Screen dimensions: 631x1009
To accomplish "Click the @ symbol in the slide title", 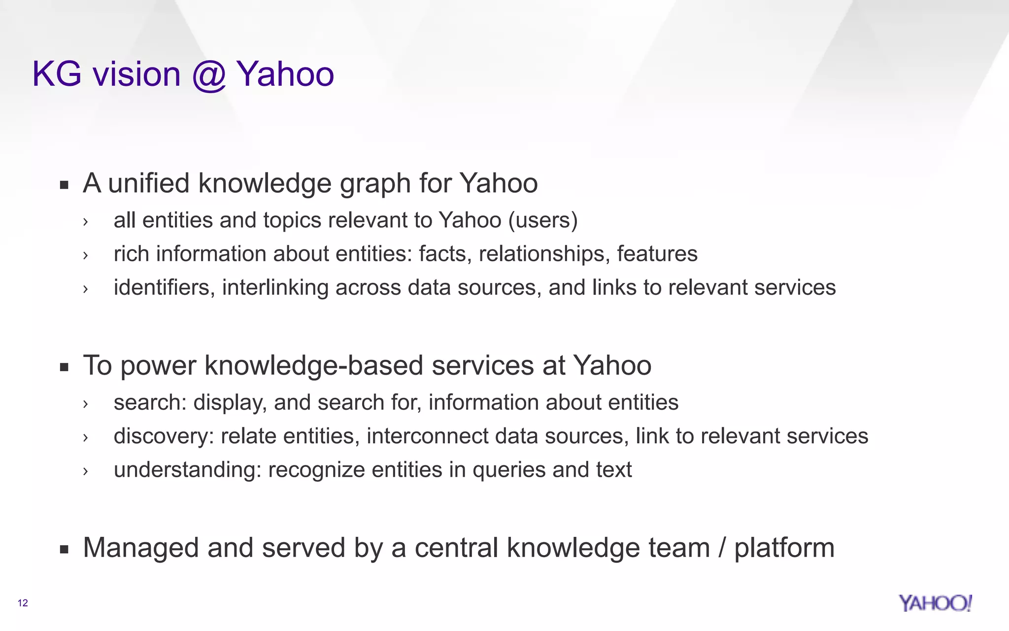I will pyautogui.click(x=209, y=75).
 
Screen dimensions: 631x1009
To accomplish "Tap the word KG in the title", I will pyautogui.click(x=57, y=74).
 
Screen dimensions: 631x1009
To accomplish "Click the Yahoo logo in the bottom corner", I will pyautogui.click(x=935, y=603).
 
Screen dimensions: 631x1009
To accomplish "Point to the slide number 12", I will pyautogui.click(x=23, y=603).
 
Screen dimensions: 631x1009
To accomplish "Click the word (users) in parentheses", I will pyautogui.click(x=542, y=220).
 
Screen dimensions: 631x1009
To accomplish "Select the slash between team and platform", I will pyautogui.click(x=722, y=548).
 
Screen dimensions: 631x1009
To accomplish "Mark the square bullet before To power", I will pyautogui.click(x=64, y=367).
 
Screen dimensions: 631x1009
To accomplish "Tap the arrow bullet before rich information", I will pyautogui.click(x=86, y=255).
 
